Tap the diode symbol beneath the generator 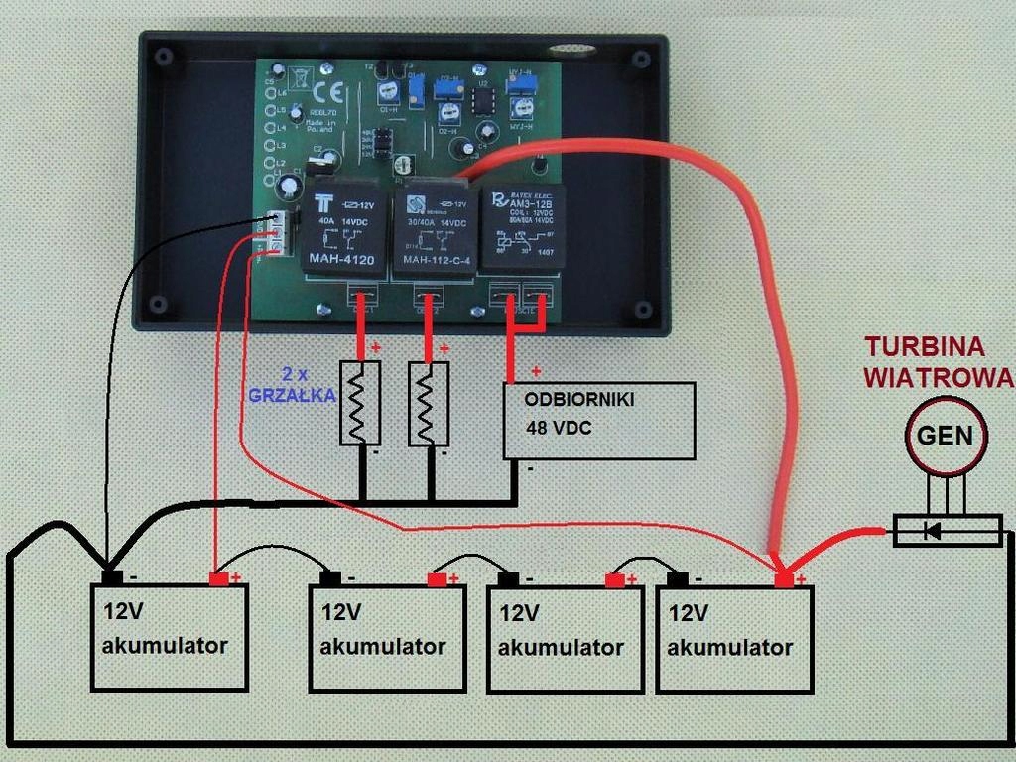pos(933,531)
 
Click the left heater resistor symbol pos(360,403)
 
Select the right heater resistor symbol pos(429,403)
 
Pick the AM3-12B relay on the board pos(523,227)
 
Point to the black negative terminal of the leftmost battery pos(112,576)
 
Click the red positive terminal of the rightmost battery pos(785,578)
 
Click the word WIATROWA pos(938,378)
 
